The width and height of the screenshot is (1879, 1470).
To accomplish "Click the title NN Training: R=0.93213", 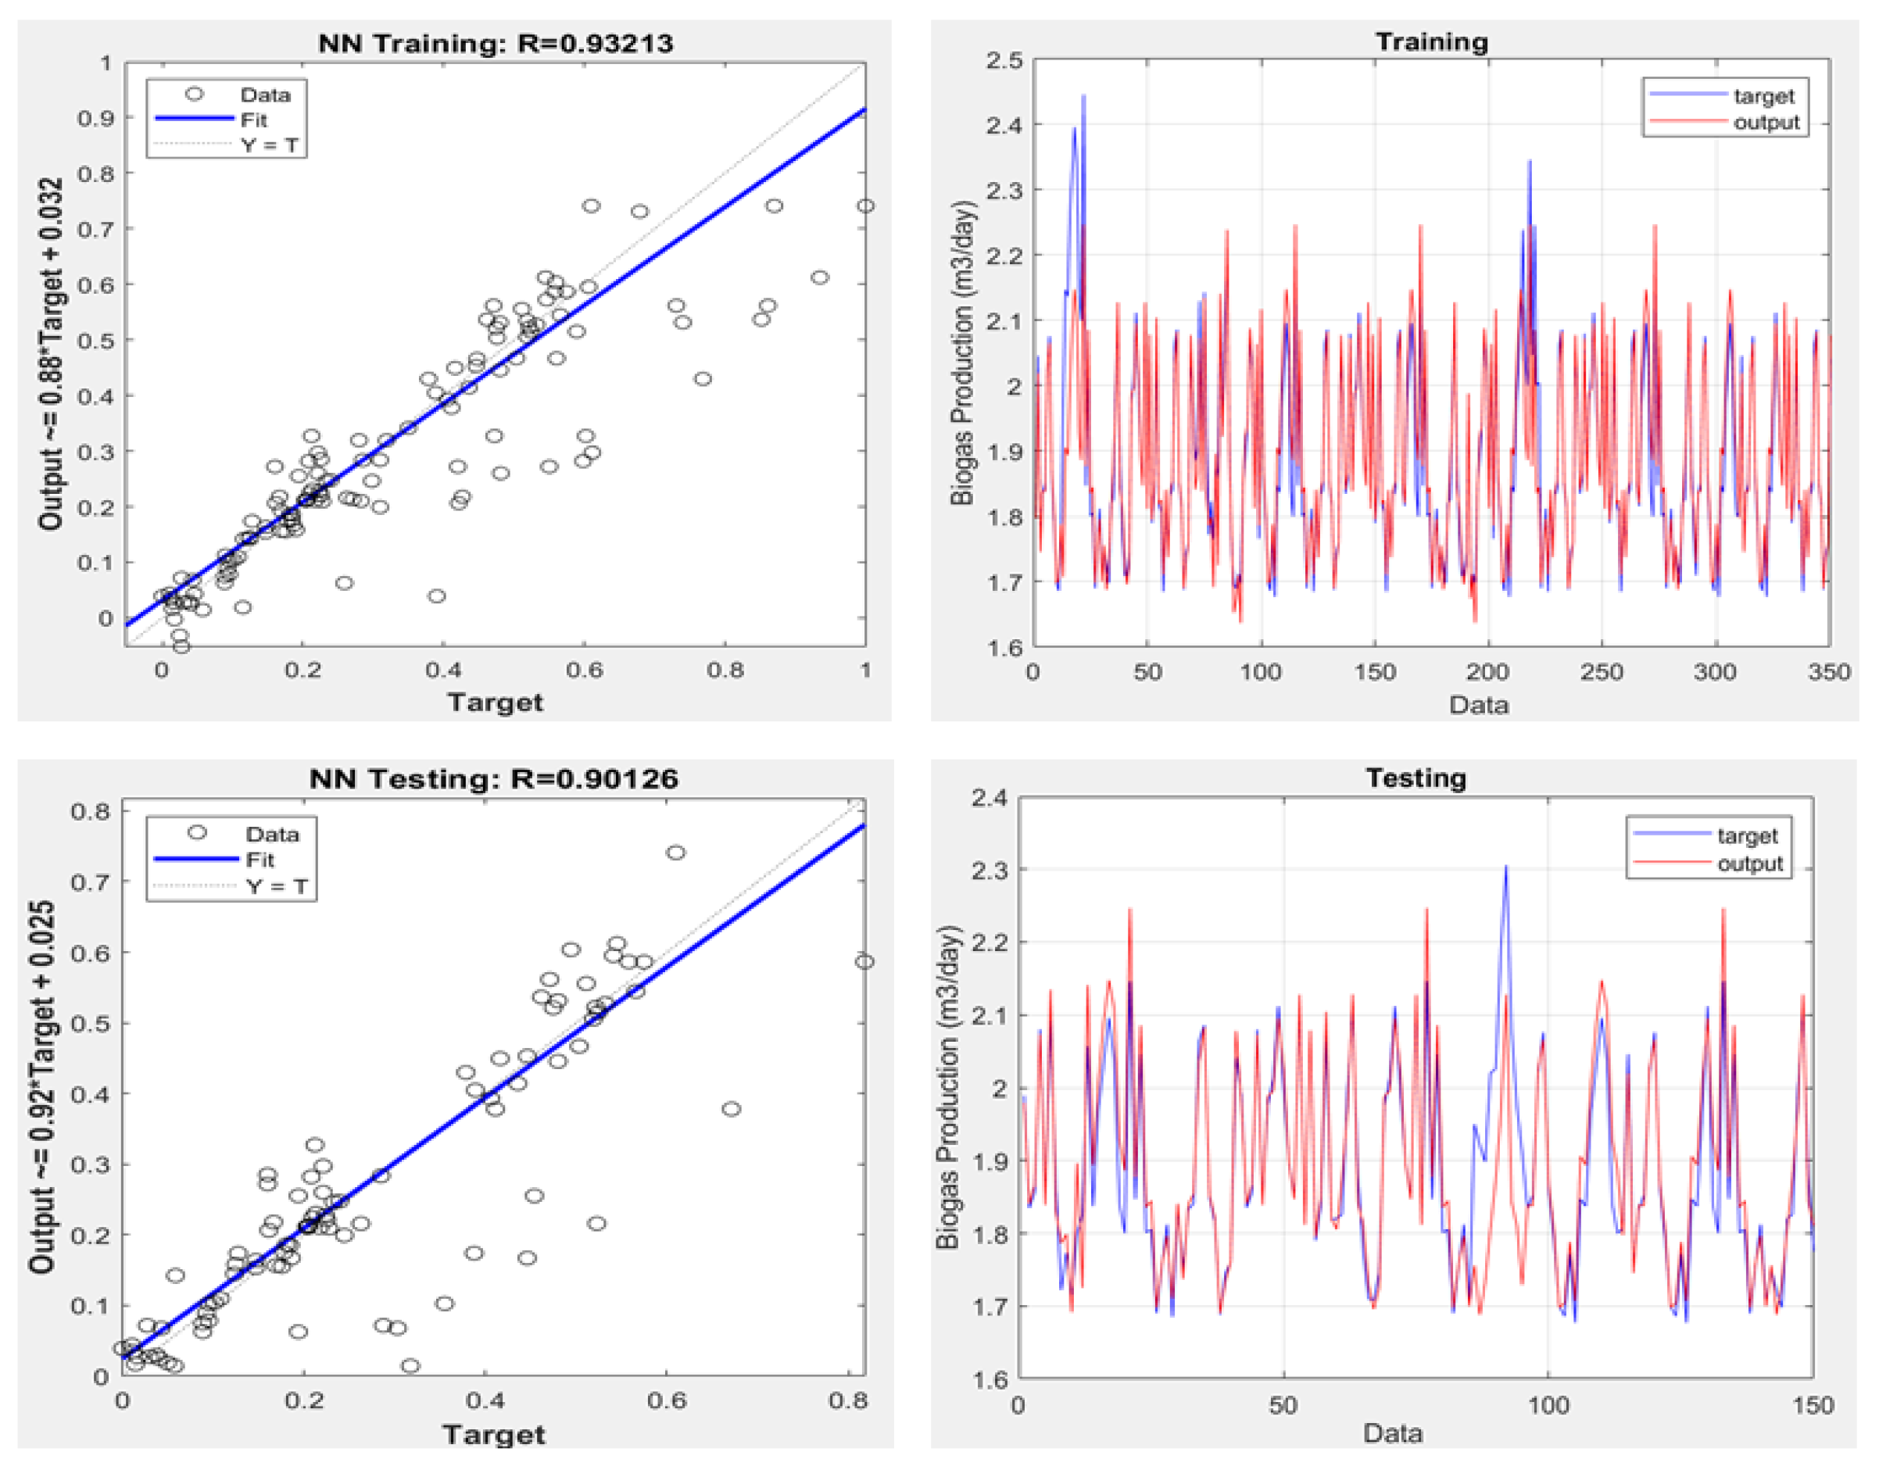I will coord(495,43).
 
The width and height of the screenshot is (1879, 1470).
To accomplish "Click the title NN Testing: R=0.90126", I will coord(493,779).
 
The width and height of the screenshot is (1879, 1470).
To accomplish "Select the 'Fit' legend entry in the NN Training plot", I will coord(254,120).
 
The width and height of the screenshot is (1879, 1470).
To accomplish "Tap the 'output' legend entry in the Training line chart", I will coord(1766,122).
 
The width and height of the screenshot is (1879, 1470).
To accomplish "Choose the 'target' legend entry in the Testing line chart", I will coord(1748,835).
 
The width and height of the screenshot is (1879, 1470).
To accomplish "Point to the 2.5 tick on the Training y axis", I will coord(1004,61).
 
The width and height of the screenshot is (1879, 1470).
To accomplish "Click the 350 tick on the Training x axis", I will coord(1829,672).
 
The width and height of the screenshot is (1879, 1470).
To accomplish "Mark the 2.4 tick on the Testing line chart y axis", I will coord(989,798).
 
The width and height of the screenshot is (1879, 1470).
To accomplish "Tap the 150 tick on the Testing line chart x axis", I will coord(1813,1405).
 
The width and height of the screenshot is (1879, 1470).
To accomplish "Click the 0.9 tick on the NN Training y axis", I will coord(95,118).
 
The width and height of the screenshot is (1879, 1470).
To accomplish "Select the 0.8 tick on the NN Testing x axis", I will coord(848,1400).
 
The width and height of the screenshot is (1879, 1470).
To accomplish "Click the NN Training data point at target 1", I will coord(865,206).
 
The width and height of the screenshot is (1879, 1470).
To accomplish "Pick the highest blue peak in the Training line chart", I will coord(1083,95).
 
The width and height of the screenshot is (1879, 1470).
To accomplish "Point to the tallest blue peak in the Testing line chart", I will coord(1505,866).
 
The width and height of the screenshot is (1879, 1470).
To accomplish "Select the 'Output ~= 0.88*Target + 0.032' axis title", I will coord(51,354).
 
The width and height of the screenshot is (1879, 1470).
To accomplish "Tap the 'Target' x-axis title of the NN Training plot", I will coord(495,703).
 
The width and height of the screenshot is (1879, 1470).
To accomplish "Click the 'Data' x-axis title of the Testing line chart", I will coord(1393,1433).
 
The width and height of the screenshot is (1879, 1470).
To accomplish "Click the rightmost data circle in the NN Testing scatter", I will coord(864,961).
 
